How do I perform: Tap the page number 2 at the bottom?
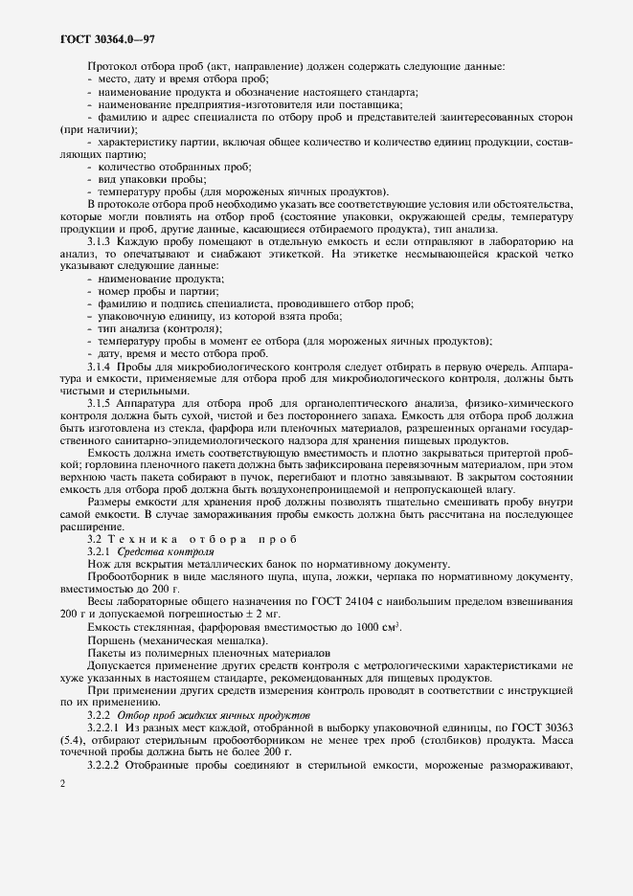[62, 784]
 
